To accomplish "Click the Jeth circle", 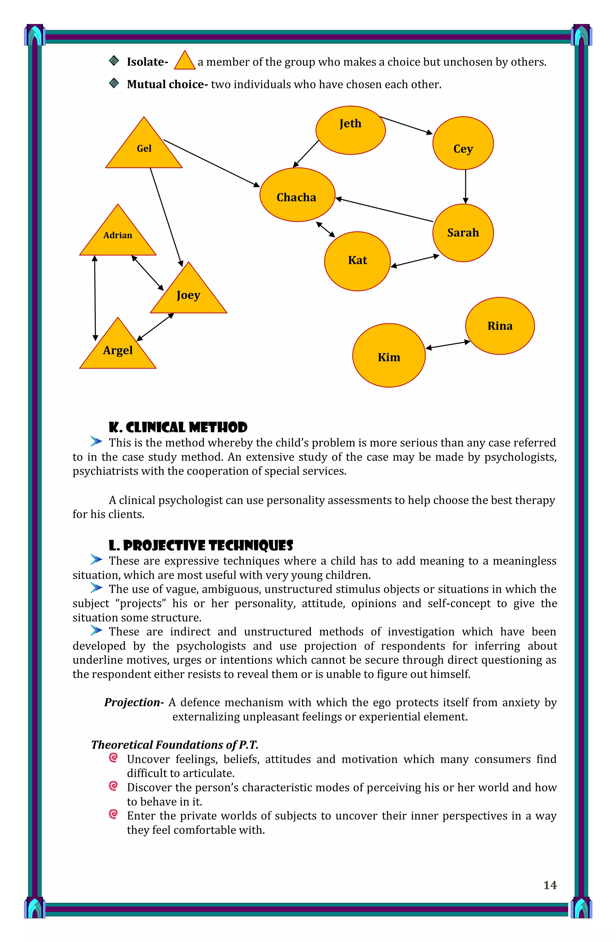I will [x=350, y=130].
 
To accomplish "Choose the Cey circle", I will [x=463, y=143].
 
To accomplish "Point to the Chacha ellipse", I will [x=297, y=195].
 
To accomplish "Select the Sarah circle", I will [x=463, y=233].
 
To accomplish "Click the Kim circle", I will [x=389, y=356].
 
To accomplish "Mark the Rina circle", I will [x=500, y=326].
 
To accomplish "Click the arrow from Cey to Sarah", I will [x=466, y=186].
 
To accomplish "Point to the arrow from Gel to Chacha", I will [x=211, y=163].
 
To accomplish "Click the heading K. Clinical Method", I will [x=178, y=427].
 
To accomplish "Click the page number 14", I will [x=550, y=885].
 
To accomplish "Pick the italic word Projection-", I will [x=134, y=703].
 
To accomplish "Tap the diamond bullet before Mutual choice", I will [x=114, y=84].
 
